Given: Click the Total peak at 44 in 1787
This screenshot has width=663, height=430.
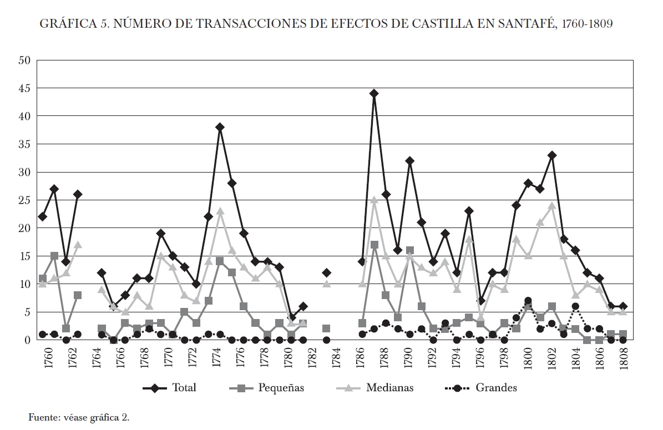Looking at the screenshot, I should point(374,94).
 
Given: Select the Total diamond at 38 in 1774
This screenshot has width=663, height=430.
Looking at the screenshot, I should point(220,127).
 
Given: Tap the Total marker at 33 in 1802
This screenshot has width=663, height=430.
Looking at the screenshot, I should point(551,155).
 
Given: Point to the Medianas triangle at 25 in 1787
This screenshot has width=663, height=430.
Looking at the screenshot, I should point(374,200).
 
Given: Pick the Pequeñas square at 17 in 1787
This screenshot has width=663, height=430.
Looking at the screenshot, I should point(374,245).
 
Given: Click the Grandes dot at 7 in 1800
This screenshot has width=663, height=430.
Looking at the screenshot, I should point(528,301).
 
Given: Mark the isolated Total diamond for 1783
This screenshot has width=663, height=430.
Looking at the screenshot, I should point(326,272).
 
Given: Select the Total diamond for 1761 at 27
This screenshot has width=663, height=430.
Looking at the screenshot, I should point(54,189).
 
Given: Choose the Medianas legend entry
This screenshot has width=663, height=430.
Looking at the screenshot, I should point(389,388).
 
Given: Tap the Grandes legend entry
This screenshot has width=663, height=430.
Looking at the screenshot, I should point(496,388).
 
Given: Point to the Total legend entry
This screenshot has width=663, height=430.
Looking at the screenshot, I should point(184,388).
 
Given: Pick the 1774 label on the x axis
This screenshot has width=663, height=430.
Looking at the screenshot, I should point(220,358).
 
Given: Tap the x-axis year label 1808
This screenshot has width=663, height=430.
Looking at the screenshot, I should point(622,358).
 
